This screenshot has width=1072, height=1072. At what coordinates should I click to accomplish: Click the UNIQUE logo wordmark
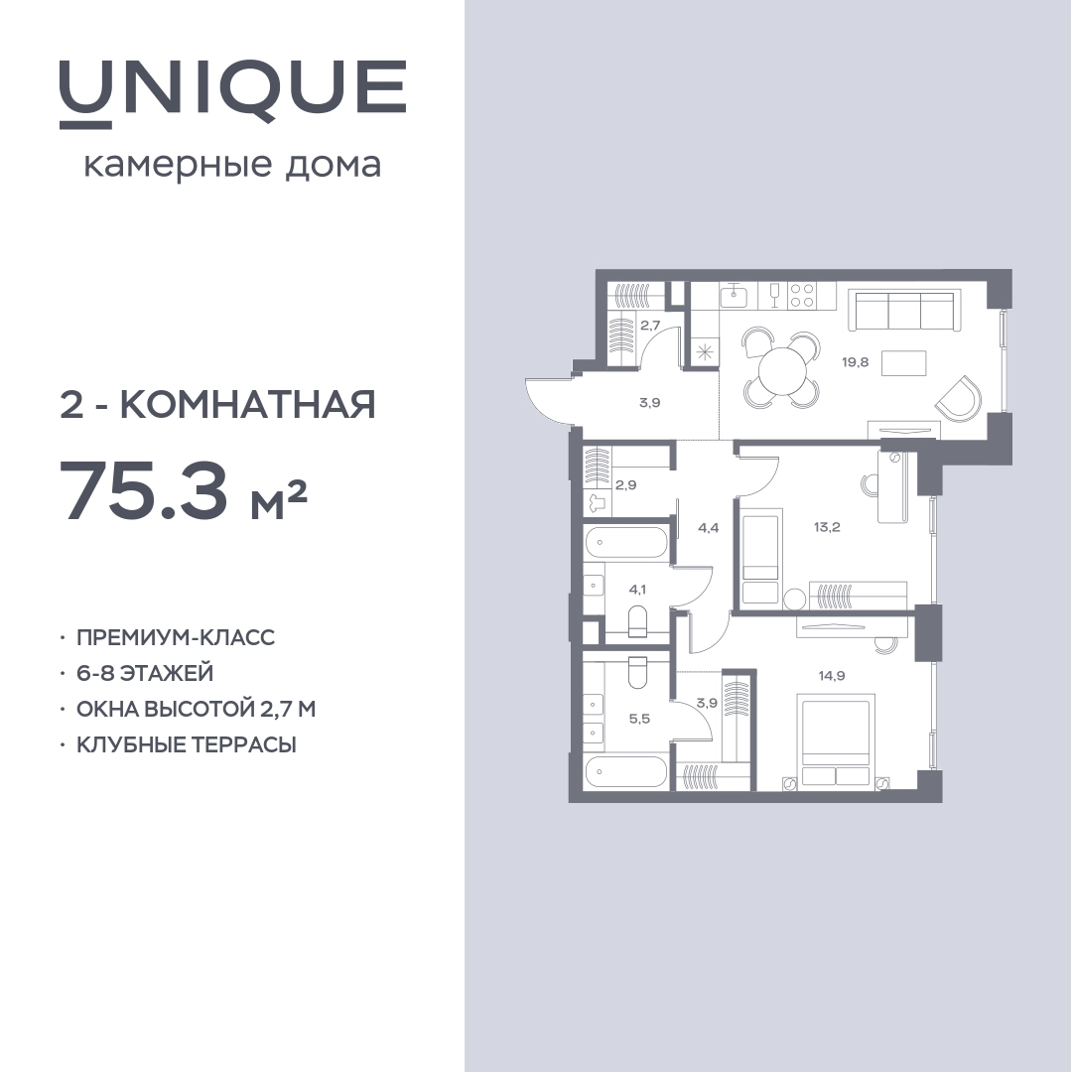click(x=233, y=93)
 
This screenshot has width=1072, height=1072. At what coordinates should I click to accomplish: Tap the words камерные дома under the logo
click(x=232, y=166)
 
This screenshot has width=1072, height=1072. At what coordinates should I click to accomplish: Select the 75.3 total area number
click(x=145, y=488)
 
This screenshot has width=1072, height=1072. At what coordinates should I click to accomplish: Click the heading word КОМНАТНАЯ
click(x=248, y=405)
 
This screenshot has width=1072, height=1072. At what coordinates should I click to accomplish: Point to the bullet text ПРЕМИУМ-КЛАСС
click(x=176, y=637)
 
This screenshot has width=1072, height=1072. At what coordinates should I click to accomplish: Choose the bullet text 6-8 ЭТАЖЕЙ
click(x=145, y=673)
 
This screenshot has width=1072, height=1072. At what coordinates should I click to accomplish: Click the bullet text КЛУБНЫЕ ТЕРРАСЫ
click(x=187, y=744)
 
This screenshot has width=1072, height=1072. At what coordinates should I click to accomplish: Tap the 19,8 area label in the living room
click(x=856, y=362)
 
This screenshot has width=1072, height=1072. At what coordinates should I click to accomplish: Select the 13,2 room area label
click(x=827, y=527)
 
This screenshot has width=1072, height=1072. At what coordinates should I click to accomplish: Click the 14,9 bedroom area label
click(x=832, y=676)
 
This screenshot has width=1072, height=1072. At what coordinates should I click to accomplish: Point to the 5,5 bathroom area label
click(x=639, y=719)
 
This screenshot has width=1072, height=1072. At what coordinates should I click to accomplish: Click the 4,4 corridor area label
click(x=709, y=528)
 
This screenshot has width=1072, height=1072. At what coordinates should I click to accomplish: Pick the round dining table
click(x=781, y=370)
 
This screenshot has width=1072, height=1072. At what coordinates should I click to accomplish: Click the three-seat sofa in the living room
click(x=901, y=309)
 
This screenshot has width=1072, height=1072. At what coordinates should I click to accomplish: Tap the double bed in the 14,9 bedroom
click(x=837, y=740)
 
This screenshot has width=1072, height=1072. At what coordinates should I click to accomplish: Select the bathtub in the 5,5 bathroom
click(x=625, y=772)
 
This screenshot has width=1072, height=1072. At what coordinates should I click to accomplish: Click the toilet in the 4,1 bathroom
click(x=637, y=620)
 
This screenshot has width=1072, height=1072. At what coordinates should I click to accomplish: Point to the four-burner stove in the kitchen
click(x=802, y=296)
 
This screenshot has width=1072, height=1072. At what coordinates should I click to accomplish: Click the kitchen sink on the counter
click(x=734, y=296)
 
